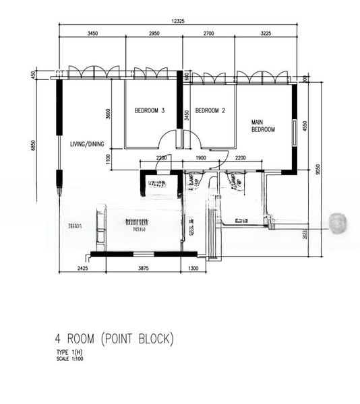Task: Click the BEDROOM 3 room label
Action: (x=150, y=110)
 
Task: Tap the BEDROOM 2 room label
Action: (x=210, y=110)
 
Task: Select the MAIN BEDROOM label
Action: (x=263, y=125)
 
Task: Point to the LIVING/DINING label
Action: (x=87, y=143)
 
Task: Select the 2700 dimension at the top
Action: (x=208, y=32)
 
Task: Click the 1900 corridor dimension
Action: (x=201, y=158)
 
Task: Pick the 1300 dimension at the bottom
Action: (x=193, y=269)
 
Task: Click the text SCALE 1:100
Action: (x=70, y=358)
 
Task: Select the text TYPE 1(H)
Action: (x=69, y=352)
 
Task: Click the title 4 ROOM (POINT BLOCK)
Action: (x=115, y=339)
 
